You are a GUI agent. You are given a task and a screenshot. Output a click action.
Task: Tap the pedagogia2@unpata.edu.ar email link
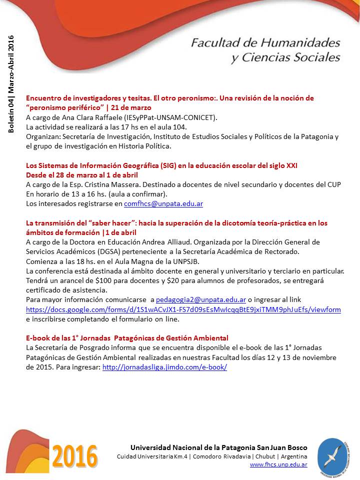coord(200,299)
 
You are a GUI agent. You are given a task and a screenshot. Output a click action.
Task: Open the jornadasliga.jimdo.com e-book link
coord(164,366)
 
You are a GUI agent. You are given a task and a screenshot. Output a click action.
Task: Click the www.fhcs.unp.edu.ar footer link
coord(278,464)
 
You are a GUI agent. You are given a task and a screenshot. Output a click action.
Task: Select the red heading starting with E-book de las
coord(127,338)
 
